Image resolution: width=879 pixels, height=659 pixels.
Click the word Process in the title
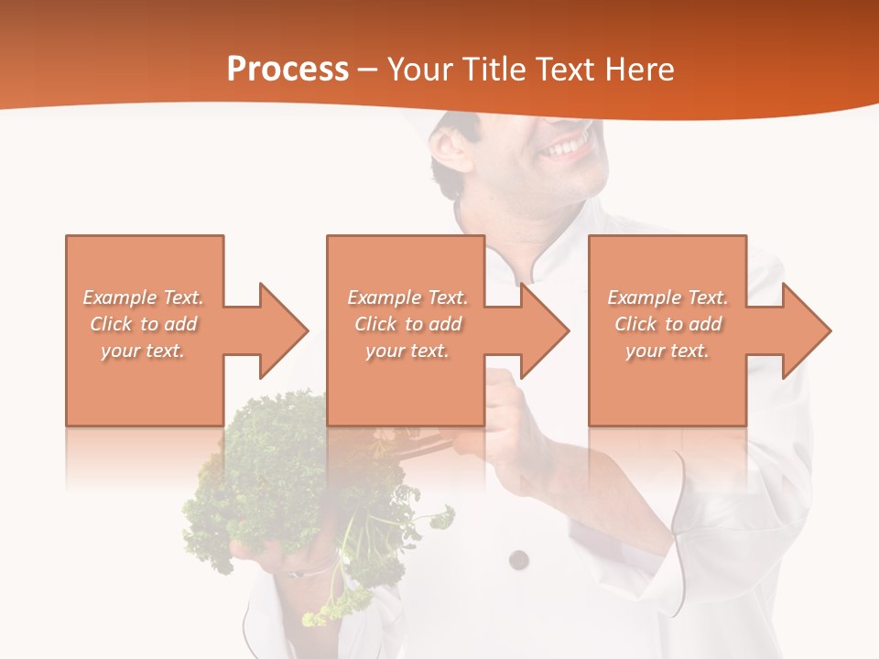tap(288, 70)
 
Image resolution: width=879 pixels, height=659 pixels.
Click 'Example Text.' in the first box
tap(144, 297)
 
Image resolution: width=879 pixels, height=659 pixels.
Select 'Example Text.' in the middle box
tap(407, 297)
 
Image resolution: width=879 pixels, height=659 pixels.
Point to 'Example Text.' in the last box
tap(667, 297)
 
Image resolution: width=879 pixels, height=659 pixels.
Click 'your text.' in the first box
tap(143, 351)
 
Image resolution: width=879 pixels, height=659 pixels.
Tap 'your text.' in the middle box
tap(407, 351)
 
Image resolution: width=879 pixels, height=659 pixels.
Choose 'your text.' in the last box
tap(667, 351)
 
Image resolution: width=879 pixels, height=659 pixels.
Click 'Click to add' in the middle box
tap(407, 324)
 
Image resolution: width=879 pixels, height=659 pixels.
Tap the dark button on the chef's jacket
tap(518, 558)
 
